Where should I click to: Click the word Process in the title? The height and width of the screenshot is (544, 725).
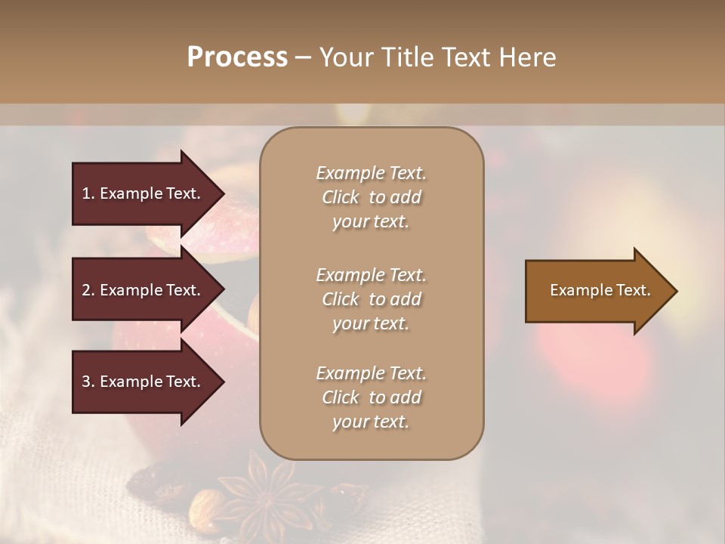237,57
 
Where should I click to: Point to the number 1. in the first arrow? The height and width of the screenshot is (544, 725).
88,193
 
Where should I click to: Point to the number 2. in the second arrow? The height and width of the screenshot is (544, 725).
88,290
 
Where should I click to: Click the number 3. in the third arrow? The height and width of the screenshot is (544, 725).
88,382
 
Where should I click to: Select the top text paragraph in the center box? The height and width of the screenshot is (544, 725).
371,197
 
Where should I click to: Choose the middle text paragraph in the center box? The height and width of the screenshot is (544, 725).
371,299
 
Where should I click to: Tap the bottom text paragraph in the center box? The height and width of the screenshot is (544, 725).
371,397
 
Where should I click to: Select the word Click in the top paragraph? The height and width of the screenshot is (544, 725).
341,197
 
